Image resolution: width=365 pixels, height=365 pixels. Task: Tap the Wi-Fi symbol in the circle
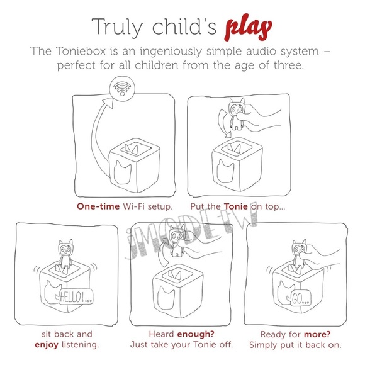122,89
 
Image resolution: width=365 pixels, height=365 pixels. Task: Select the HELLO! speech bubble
76,297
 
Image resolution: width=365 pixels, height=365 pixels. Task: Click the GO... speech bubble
300,298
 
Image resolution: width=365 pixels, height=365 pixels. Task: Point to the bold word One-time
98,206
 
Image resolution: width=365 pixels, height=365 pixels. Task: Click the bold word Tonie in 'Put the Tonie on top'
236,206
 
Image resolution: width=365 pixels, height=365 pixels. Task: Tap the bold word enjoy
47,345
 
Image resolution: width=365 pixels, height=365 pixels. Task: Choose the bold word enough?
196,334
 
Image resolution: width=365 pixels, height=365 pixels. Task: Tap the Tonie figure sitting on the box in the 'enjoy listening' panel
65,254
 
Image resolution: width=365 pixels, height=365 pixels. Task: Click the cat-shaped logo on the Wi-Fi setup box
123,172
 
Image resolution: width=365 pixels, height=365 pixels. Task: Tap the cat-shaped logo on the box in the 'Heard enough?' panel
166,298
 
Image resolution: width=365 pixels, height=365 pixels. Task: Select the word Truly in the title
117,28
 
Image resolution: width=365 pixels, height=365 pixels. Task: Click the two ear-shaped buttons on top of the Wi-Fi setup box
131,149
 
